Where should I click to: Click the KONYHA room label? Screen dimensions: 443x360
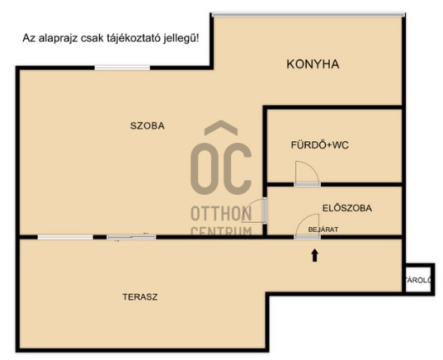coord(313,64)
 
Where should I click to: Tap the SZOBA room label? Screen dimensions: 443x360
coord(147,126)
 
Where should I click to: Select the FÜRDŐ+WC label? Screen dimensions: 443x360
coord(320,145)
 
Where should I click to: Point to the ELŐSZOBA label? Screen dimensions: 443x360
coord(347,208)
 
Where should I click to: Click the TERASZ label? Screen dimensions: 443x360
coord(140,297)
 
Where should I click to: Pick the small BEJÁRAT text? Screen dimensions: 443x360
coord(323,230)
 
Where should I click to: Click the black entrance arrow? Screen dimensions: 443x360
coord(315,255)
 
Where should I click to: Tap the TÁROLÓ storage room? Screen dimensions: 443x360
coord(418,280)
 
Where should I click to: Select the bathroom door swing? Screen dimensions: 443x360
coord(308,173)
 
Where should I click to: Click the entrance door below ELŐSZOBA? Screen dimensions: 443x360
coord(308,227)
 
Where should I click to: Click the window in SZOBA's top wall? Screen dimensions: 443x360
coord(122,68)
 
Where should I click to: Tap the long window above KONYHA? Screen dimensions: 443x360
coord(309,14)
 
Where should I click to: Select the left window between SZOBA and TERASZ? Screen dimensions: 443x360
coord(65,237)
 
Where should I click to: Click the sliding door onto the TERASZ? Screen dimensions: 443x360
coord(131,237)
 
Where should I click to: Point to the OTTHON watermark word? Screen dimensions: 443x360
coord(221,214)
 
